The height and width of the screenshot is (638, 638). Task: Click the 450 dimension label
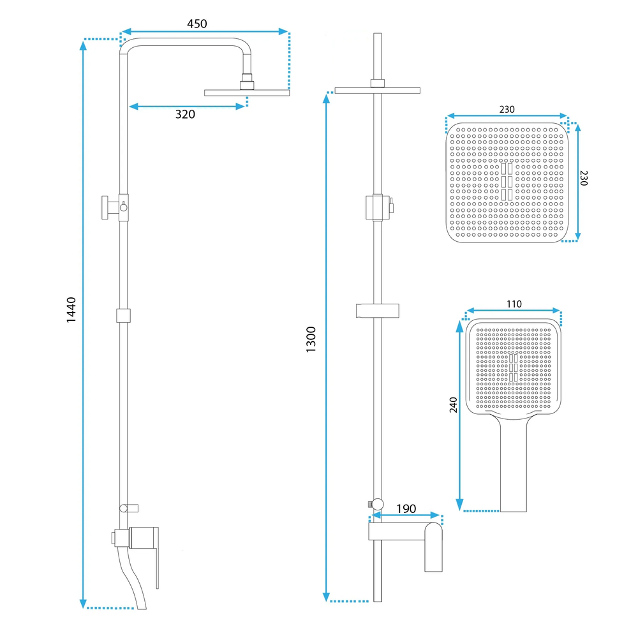click(197, 24)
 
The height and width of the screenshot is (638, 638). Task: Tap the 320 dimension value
click(185, 115)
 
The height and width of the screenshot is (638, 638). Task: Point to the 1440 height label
click(71, 309)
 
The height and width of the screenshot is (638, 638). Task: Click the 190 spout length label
click(406, 508)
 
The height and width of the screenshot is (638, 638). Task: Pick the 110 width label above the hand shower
click(514, 304)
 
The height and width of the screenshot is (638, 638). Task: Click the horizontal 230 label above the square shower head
click(507, 110)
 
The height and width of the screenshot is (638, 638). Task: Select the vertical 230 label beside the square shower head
click(584, 178)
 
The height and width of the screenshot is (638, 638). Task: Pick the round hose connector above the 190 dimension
click(377, 503)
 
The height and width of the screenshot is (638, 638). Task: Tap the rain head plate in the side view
click(246, 93)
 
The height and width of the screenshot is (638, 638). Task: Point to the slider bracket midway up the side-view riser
click(124, 315)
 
